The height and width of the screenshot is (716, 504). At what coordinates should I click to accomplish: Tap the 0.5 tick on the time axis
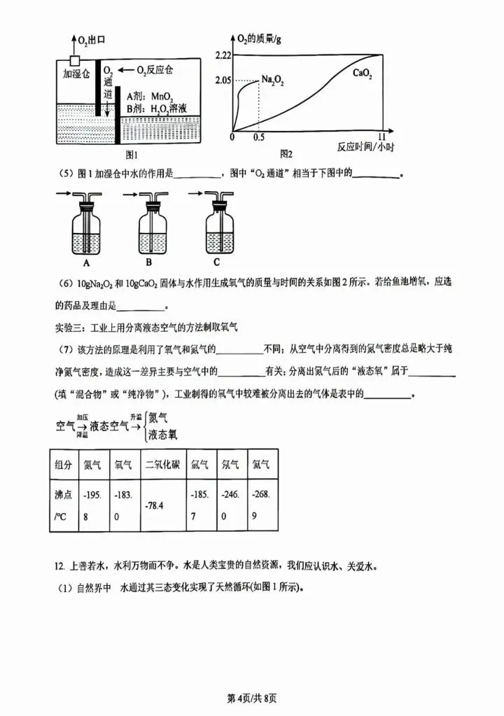[x=259, y=138]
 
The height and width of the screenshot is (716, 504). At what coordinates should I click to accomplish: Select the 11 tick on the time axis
[x=382, y=138]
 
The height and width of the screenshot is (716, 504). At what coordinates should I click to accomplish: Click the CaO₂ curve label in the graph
[x=362, y=73]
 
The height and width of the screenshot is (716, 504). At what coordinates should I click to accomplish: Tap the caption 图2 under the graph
[x=286, y=153]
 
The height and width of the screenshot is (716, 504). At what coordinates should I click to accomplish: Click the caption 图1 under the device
[x=130, y=154]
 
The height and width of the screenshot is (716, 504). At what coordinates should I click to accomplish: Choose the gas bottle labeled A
[x=86, y=231]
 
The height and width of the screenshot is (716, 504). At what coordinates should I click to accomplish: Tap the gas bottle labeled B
[x=153, y=231]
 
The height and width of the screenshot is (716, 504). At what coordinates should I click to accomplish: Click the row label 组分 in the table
[x=62, y=464]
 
